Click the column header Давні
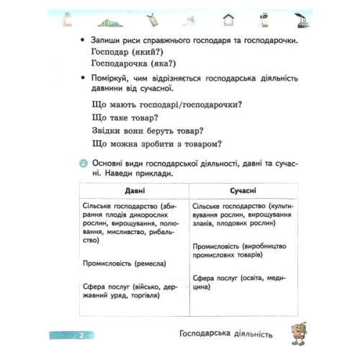click(134, 191)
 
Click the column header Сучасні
click(246, 191)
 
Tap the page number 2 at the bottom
click(82, 335)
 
